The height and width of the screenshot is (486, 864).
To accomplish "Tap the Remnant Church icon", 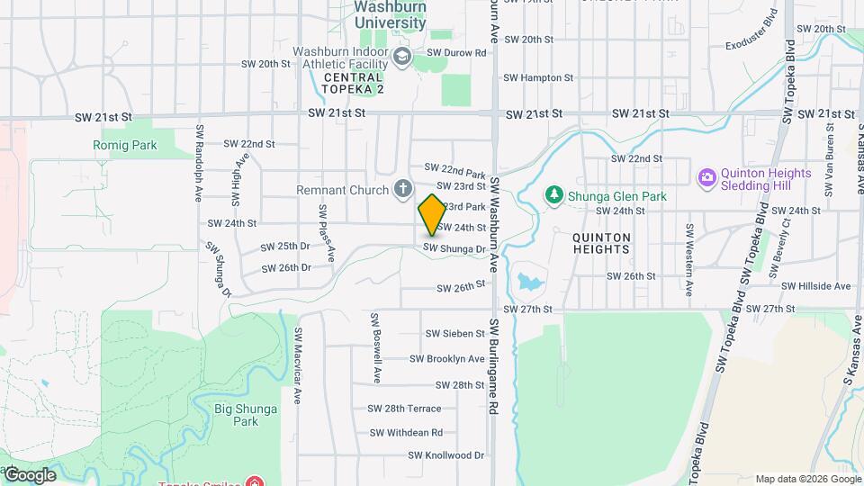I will click(403, 190).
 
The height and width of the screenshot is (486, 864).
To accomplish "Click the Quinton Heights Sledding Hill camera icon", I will click(706, 177).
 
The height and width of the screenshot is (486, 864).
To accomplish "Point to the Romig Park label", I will click(124, 145).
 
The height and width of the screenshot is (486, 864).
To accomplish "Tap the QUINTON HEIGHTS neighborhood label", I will click(601, 244).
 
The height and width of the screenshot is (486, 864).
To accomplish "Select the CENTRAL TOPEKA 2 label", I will click(354, 84).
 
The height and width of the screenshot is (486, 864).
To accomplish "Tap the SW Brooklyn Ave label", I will click(446, 359).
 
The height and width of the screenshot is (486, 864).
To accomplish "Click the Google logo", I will click(30, 474).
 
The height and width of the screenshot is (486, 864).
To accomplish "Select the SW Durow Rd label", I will click(456, 53).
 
